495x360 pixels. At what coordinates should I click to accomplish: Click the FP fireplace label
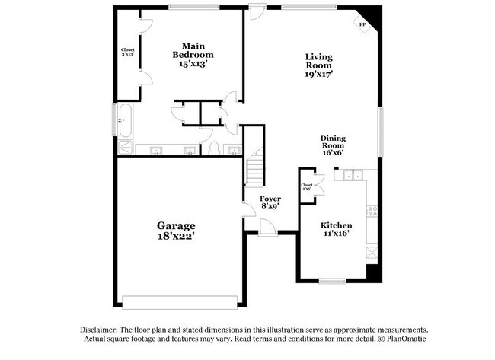(362, 24)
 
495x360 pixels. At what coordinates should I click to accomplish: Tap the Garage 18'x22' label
(177, 231)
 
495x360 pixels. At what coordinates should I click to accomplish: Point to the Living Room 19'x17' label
(320, 66)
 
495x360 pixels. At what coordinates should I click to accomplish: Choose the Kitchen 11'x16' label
(336, 231)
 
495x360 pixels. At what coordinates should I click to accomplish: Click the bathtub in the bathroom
(125, 119)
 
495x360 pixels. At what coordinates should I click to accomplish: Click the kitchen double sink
(353, 177)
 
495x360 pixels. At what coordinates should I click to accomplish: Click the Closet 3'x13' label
(128, 53)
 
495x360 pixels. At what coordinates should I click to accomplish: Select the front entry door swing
(268, 226)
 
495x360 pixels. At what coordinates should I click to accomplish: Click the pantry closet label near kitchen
(307, 186)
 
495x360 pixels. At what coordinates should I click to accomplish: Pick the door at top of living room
(258, 12)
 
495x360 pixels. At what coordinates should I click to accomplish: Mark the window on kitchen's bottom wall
(332, 281)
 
